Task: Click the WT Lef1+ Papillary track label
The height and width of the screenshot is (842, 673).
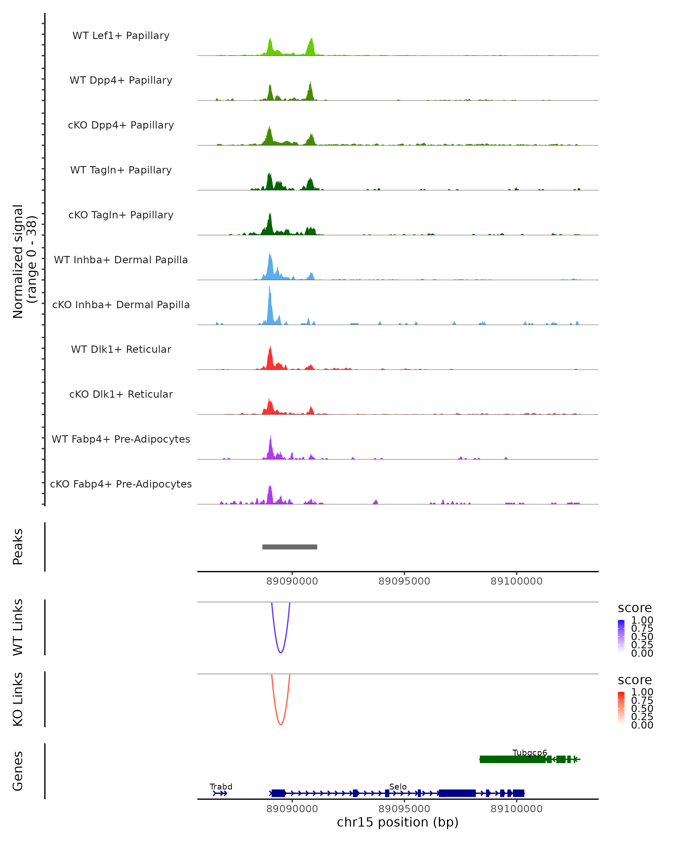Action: point(121,36)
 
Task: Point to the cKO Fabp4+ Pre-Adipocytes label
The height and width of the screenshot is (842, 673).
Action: point(121,484)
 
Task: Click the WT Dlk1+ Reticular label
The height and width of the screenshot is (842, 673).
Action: point(121,349)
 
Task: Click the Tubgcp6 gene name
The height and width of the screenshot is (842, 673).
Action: point(529,752)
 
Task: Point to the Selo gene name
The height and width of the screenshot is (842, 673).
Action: point(398,786)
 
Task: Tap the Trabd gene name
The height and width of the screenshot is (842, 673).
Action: point(221,786)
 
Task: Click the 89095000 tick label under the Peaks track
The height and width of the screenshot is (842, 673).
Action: point(404,581)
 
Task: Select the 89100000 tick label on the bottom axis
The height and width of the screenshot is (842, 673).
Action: point(516,809)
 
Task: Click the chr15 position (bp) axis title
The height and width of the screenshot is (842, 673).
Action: point(398,822)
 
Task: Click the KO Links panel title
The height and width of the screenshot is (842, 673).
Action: point(18,699)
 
